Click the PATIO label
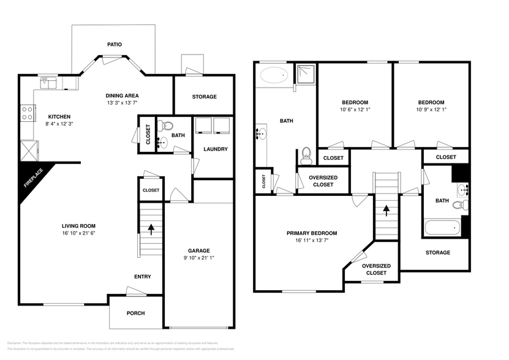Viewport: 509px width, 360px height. coord(114,45)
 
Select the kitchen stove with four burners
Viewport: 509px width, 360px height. coord(28,113)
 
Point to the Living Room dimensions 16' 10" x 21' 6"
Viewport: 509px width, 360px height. coord(80,233)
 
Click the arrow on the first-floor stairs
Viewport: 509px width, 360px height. coord(151,229)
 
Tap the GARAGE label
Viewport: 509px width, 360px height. coord(199,250)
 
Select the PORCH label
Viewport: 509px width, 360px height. coord(135,313)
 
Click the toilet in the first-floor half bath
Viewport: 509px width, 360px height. coord(162,126)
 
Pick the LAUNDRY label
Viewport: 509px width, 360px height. coord(215,149)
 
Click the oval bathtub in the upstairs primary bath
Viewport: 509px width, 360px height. coord(273,76)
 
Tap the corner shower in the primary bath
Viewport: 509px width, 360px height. coord(304,75)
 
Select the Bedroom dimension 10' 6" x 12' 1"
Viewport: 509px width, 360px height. coord(355,111)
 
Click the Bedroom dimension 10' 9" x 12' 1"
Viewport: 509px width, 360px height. coord(431,111)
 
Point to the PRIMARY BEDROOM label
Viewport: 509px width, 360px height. coord(312,233)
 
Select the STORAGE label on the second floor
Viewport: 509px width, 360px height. coord(437,253)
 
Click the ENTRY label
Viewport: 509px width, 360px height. coord(142,277)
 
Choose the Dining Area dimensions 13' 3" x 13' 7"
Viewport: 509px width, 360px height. coord(122,103)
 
